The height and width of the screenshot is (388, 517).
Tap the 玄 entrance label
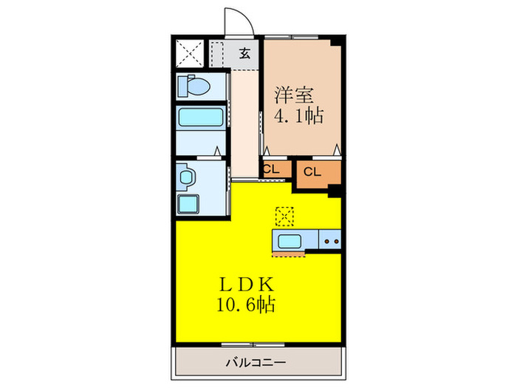(x=244, y=53)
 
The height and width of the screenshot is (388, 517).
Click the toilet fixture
(x=194, y=86)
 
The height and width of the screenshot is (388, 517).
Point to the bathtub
(x=199, y=119)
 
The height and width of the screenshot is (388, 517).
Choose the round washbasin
(x=187, y=177)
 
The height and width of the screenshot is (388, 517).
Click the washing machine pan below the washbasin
(x=191, y=205)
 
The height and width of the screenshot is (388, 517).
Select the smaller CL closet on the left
(x=271, y=169)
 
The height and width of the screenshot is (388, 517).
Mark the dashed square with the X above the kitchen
(x=284, y=216)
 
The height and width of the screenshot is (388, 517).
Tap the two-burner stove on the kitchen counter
(x=329, y=240)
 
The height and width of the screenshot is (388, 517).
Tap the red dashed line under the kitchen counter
(x=288, y=255)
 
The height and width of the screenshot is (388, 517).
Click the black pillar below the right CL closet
(x=335, y=191)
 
